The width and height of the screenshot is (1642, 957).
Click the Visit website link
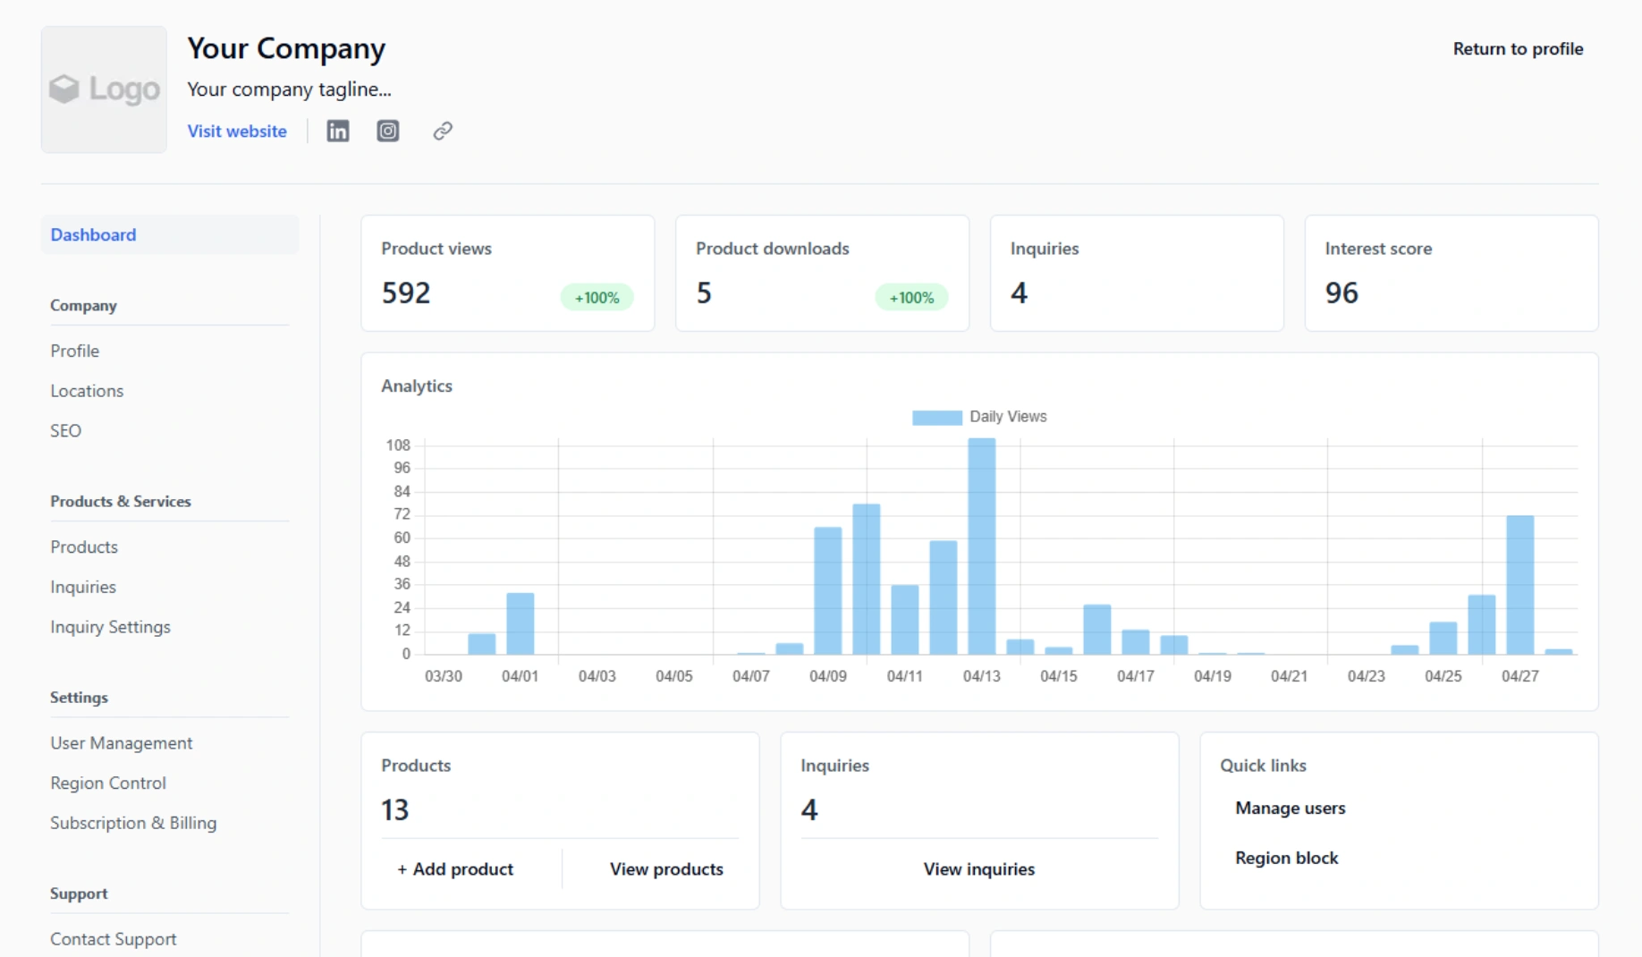pos(236,131)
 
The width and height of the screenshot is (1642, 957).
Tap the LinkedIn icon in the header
pos(337,131)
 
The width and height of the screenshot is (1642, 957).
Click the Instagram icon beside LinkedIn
pos(387,131)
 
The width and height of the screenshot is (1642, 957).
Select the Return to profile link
pos(1517,49)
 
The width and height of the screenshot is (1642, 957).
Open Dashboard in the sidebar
pos(93,234)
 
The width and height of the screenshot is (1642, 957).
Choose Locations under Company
pos(87,391)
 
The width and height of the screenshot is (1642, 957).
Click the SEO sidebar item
pos(65,430)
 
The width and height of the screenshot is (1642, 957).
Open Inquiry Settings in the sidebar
pos(110,627)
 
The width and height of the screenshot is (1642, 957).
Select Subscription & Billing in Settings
pos(133,823)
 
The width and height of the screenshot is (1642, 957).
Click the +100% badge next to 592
pos(597,297)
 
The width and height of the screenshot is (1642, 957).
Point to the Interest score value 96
pos(1341,292)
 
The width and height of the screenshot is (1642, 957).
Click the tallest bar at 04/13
pos(981,546)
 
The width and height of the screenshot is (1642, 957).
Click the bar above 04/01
pos(520,623)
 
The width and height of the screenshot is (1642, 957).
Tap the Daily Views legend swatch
pos(936,417)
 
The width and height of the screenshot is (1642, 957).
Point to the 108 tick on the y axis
pos(398,445)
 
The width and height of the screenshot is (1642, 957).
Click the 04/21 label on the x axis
pos(1289,676)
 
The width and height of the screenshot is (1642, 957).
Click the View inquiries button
pos(978,868)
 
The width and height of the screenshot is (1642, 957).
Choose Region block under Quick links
pos(1286,858)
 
